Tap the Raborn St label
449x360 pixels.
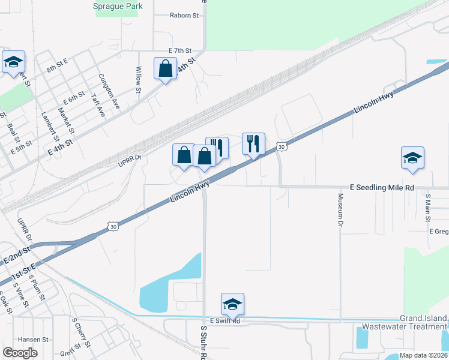(x=184, y=16)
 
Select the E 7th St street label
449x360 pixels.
(x=179, y=50)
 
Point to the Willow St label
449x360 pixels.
(x=139, y=80)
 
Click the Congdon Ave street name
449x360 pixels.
(x=109, y=91)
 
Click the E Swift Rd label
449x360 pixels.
(x=225, y=322)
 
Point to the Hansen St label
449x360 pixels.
(x=33, y=339)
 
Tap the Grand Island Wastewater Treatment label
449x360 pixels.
(x=405, y=322)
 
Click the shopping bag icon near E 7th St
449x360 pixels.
(x=164, y=68)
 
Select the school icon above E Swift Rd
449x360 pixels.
(x=232, y=304)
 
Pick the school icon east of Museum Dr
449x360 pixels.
(x=412, y=157)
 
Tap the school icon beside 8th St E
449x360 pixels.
(x=13, y=61)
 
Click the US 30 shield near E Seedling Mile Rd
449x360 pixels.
(x=281, y=147)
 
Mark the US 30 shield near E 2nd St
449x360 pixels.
(x=112, y=226)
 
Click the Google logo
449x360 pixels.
(x=20, y=353)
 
